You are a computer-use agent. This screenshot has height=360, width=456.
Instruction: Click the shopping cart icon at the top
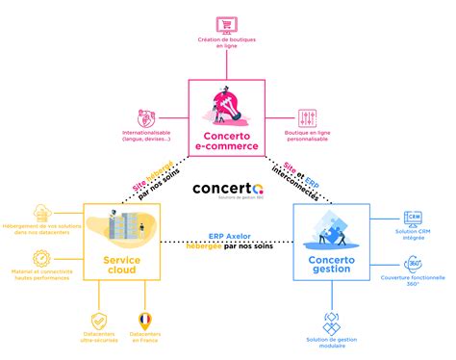226,25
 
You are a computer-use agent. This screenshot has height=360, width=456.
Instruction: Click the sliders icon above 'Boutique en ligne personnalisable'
308,118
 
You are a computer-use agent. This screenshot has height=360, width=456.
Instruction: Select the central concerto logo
227,192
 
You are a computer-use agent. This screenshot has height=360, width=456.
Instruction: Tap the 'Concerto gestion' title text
330,264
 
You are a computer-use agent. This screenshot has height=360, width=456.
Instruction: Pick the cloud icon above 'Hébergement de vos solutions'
41,212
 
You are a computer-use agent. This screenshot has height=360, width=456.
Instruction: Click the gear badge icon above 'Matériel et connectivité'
41,259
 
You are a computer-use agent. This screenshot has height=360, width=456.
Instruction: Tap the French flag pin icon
145,320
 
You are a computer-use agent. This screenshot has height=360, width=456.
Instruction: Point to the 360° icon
414,264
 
